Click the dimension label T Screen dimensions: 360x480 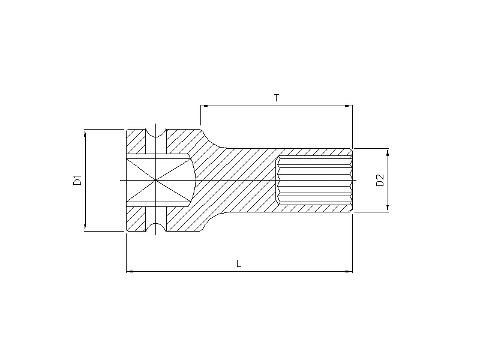coord(277,98)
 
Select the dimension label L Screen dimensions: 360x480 coord(239,263)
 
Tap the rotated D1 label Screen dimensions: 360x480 coord(77,179)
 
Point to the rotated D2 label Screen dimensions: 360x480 coord(379,180)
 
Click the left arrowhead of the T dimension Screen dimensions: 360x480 coord(204,106)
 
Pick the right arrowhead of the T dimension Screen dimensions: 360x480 coord(349,106)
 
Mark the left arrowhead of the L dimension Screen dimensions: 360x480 coord(130,272)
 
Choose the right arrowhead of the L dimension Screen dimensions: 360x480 coord(349,272)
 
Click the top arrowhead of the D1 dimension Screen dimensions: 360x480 coord(85,133)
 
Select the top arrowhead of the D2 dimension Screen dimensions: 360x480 coord(388,152)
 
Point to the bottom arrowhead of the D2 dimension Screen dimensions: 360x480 coord(388,208)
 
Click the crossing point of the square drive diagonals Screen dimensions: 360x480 coord(155,180)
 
